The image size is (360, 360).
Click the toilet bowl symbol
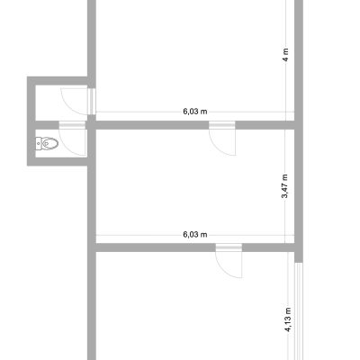tap(49, 143)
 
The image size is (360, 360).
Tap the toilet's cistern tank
tap(39, 143)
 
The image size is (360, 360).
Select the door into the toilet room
tap(72, 139)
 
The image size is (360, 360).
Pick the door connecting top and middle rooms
tap(222, 139)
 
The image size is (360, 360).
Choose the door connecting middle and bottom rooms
tap(229, 260)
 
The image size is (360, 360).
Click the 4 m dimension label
tap(286, 55)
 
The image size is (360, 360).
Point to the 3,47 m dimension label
tap(284, 186)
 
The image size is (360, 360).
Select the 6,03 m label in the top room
tap(195, 112)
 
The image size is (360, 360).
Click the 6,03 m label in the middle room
tap(195, 234)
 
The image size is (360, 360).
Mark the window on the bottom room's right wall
tap(299, 311)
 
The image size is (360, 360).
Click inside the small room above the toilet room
tap(61, 103)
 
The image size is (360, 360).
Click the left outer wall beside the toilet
tap(31, 121)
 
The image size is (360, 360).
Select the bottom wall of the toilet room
tap(58, 161)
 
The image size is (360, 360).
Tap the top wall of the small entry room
tap(58, 81)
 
